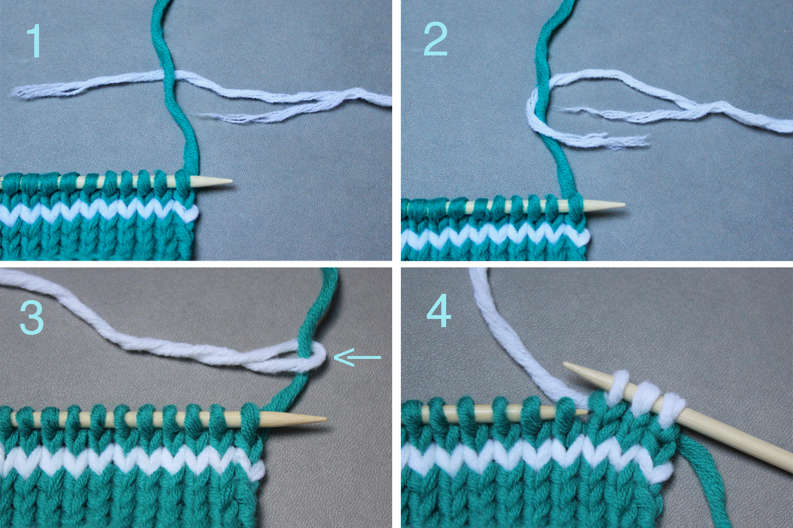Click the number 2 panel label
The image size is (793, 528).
436,39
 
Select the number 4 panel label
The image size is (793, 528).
439,311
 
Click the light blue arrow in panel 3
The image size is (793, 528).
357,357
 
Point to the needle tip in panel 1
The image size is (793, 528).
232,182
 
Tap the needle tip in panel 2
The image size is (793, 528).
624,205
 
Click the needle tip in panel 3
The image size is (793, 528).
325,420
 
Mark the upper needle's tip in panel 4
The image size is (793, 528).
564,364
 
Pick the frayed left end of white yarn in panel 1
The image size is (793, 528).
18,92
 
